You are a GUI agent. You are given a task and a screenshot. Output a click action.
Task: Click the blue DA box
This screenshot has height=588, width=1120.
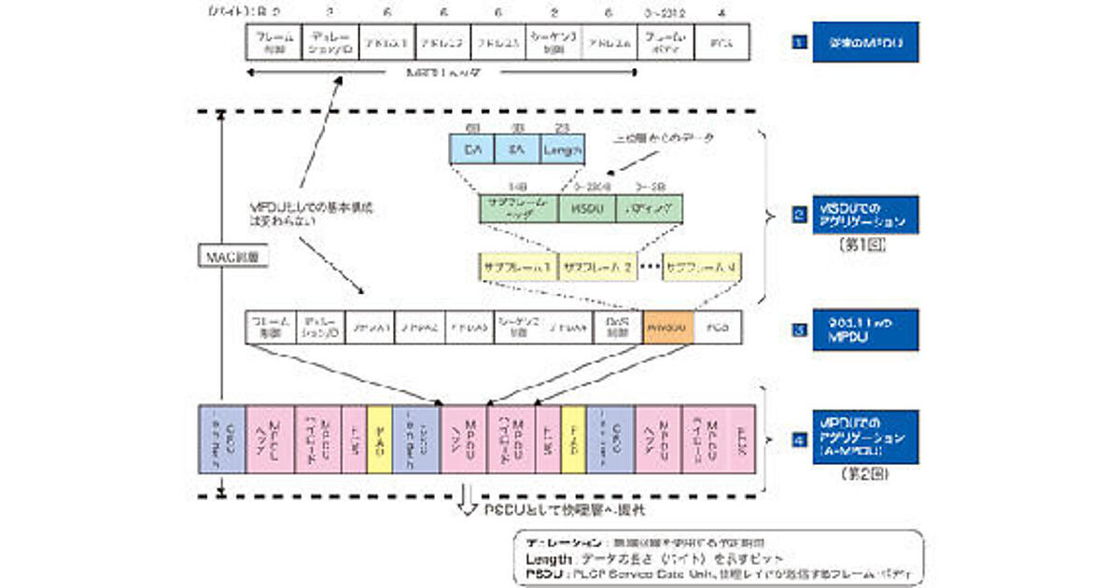(x=471, y=149)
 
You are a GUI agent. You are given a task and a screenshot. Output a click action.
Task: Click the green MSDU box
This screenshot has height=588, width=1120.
(x=585, y=207)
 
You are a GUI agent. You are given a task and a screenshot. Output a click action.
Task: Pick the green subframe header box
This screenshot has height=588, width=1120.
(x=518, y=207)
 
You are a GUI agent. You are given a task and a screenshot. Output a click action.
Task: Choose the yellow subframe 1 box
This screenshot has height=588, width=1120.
(x=518, y=267)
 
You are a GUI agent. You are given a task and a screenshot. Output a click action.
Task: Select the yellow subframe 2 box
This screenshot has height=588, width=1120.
(x=597, y=267)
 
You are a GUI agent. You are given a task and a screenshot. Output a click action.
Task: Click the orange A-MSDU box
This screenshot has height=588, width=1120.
(x=667, y=329)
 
